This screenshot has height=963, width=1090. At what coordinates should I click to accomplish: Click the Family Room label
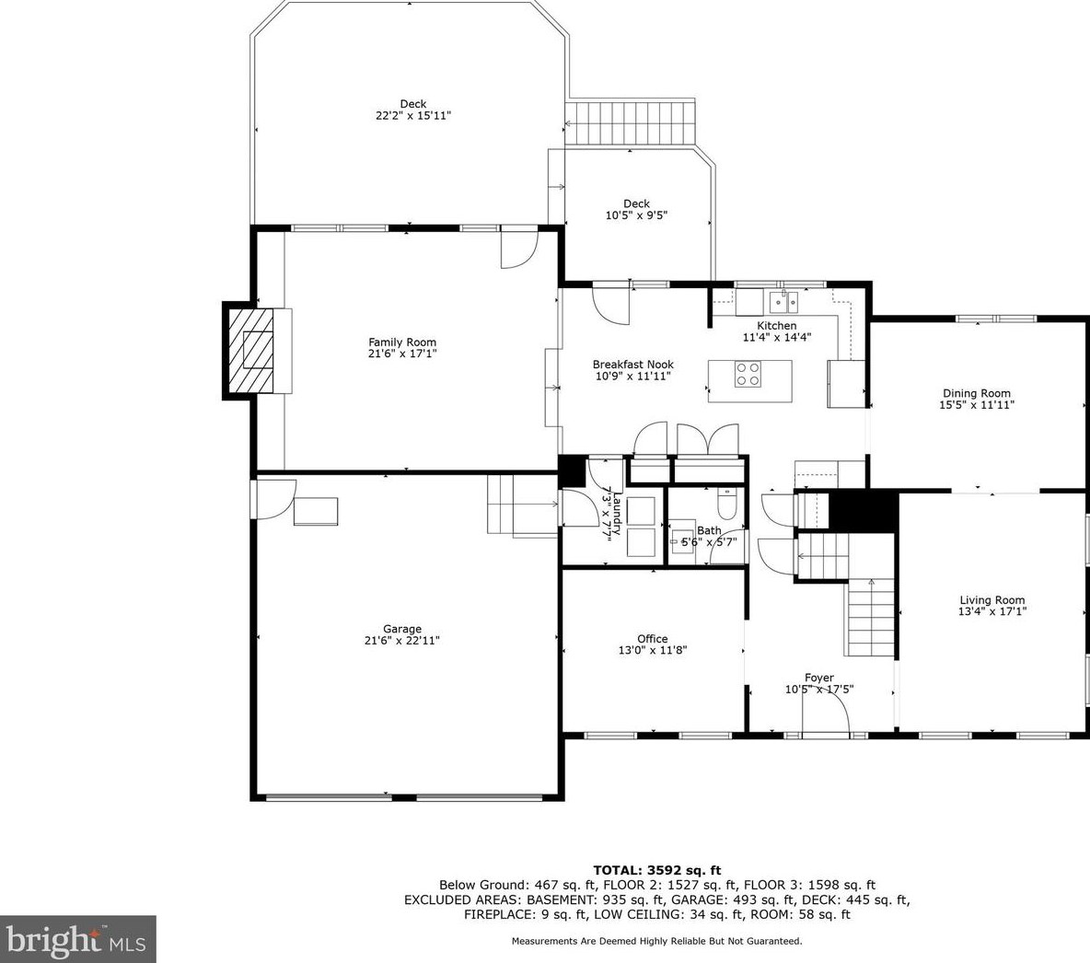coord(401,342)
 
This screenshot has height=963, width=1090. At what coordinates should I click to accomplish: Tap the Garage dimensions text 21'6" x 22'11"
coord(401,641)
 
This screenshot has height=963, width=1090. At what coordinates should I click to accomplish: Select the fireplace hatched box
coord(249,351)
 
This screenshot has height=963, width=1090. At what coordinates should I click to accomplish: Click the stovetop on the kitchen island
coord(748,374)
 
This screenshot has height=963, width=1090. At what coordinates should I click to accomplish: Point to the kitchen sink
coord(783,303)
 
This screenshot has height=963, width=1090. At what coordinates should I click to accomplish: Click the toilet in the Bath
coord(725,504)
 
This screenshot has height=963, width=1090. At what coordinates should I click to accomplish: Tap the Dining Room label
coord(977,393)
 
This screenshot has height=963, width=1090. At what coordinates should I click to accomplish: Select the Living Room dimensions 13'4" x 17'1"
coord(992,612)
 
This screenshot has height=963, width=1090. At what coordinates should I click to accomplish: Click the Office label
coord(652,638)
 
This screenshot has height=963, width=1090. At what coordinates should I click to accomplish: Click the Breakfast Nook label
coord(632,365)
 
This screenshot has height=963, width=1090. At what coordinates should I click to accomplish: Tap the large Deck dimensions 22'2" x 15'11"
coord(413,115)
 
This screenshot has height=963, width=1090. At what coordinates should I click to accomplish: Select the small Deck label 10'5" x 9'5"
coord(636,209)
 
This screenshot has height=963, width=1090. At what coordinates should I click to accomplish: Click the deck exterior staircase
coord(631,123)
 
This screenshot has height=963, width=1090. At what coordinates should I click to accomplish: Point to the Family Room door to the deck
coord(519,249)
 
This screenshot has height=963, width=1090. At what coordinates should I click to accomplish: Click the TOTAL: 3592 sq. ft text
coord(657,870)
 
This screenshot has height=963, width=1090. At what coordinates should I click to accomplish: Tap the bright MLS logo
coord(77,940)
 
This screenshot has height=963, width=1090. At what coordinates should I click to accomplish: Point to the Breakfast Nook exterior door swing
coord(610,305)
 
